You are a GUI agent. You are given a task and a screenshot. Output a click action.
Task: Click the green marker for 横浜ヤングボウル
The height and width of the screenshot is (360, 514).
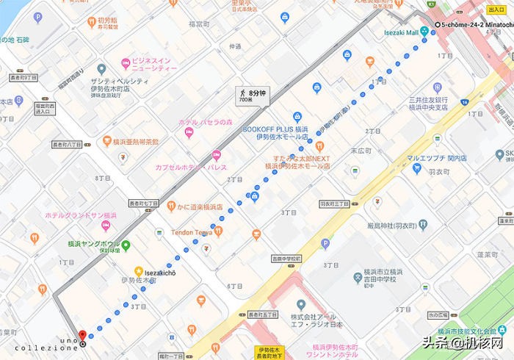point(126,245)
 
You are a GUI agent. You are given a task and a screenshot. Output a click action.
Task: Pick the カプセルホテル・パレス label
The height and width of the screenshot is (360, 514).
point(187,167)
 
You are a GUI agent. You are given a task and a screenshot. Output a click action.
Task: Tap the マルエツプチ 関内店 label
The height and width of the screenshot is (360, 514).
point(441,157)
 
